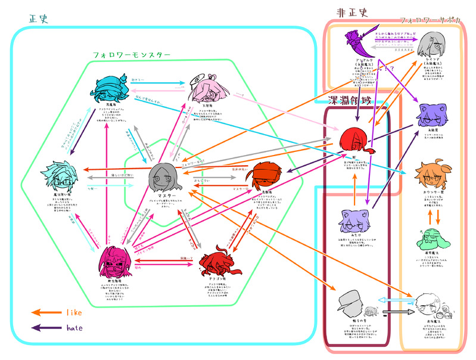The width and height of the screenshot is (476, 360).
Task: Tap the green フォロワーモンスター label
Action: (x=133, y=54)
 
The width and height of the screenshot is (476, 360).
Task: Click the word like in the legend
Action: (x=74, y=312)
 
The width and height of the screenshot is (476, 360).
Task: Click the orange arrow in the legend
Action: (x=44, y=312)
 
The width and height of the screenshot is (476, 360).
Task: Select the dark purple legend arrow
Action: (x=44, y=327)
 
